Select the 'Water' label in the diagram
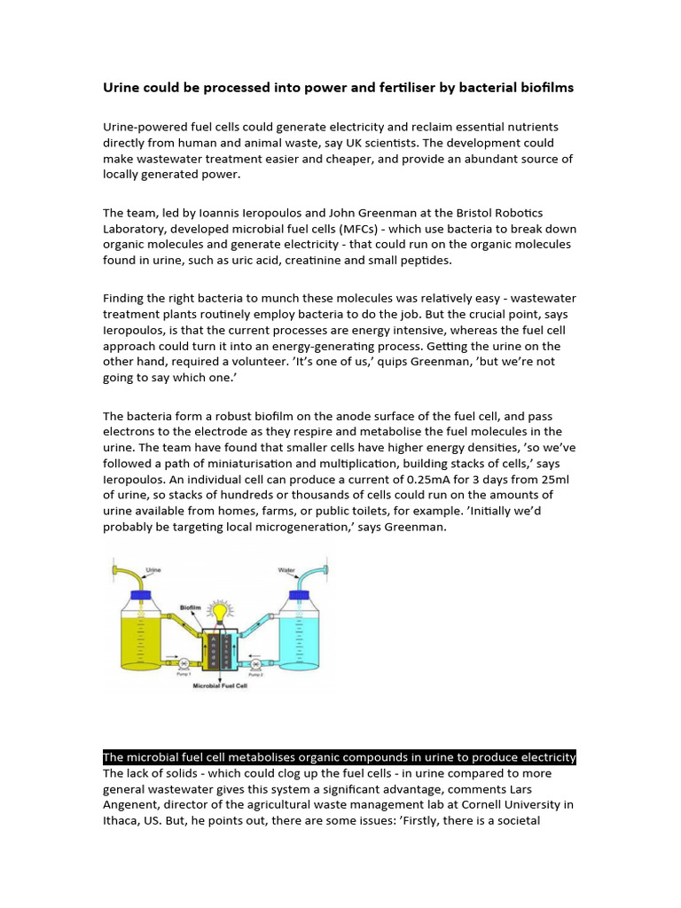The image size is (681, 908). (x=286, y=570)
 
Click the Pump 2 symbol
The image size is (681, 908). (x=255, y=663)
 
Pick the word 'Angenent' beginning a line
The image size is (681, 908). (x=132, y=804)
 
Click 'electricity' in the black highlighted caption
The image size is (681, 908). (x=542, y=756)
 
